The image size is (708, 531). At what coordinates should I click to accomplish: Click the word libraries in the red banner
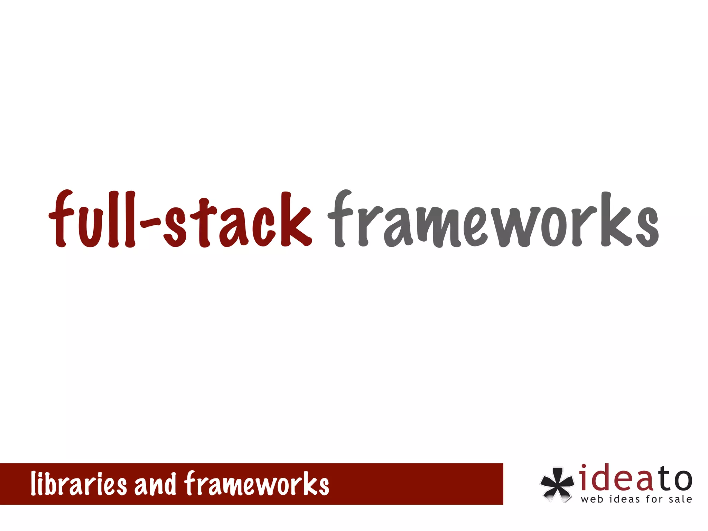[x=79, y=484]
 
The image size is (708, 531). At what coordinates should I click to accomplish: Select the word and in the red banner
[x=155, y=484]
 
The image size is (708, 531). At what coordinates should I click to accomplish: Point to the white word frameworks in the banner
[x=257, y=484]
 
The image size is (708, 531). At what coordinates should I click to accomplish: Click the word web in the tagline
[x=592, y=499]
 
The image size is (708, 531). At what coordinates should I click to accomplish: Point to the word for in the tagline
[x=654, y=499]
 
